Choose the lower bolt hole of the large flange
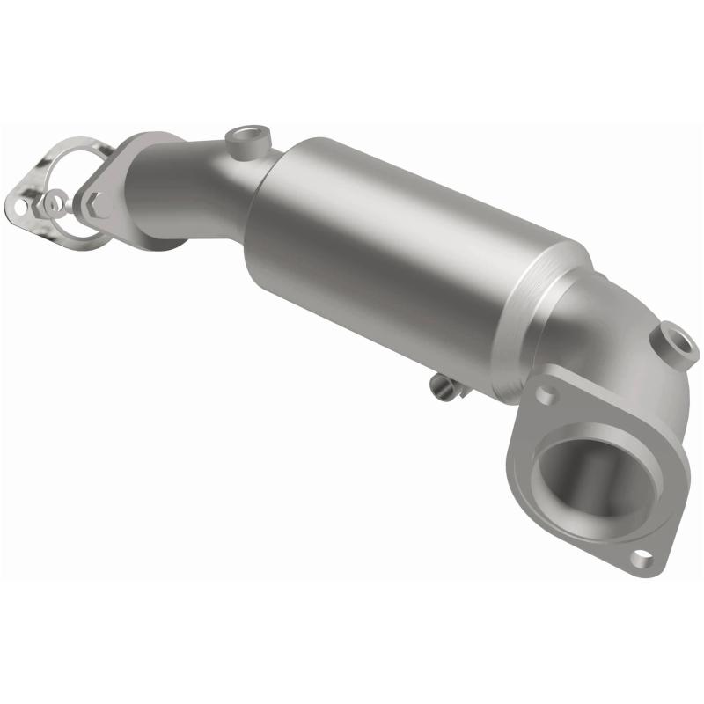click(642, 556)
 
